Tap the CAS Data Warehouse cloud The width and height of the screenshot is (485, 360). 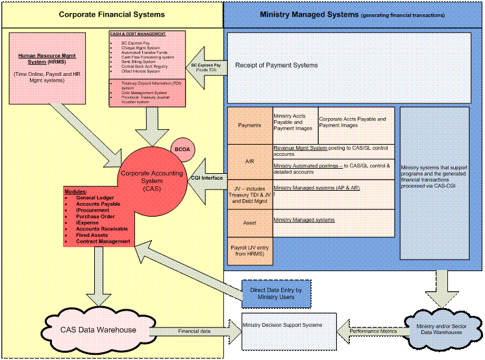tap(99, 330)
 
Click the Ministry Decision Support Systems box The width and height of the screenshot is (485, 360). tap(290, 330)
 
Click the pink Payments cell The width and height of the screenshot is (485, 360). tap(249, 125)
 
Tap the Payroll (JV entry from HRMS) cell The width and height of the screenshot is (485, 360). tap(249, 252)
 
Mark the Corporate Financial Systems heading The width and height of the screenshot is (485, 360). tap(112, 14)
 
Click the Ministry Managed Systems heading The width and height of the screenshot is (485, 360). tap(353, 14)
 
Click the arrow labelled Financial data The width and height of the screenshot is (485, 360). tap(194, 331)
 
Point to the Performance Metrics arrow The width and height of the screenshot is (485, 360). tap(373, 331)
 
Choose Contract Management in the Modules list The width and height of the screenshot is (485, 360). tap(103, 241)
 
